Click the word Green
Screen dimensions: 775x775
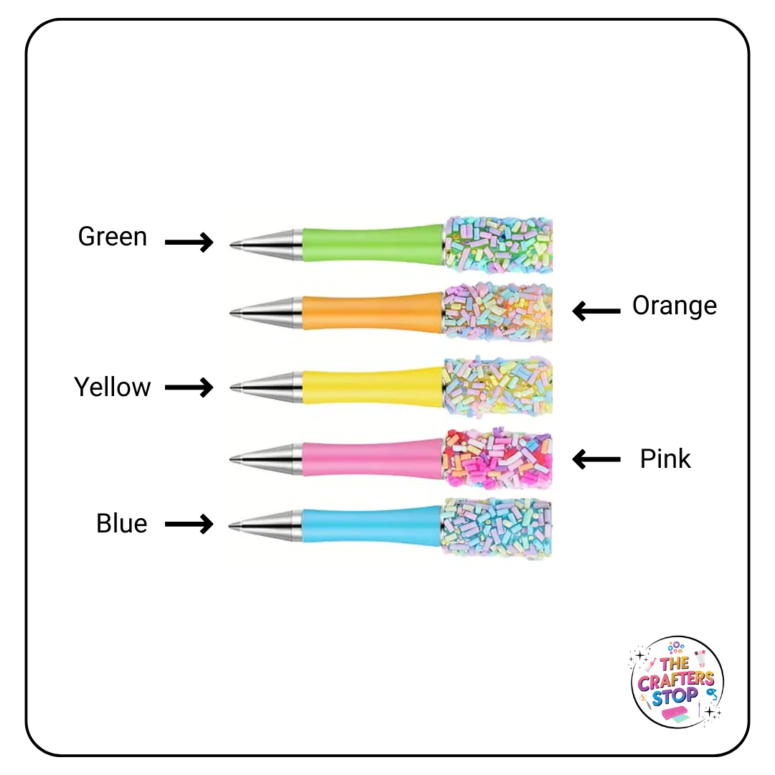113,237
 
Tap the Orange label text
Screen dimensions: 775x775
674,306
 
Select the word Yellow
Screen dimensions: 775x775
113,387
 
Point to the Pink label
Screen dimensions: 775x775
665,459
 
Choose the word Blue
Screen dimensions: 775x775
121,524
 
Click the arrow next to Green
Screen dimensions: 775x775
189,243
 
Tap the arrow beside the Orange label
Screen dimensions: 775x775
596,311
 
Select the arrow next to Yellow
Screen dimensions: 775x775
189,388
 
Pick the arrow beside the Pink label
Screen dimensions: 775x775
596,459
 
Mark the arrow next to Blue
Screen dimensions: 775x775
189,525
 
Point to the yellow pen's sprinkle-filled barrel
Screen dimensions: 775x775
497,388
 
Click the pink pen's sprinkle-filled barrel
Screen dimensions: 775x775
497,457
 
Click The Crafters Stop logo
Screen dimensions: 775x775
677,682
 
